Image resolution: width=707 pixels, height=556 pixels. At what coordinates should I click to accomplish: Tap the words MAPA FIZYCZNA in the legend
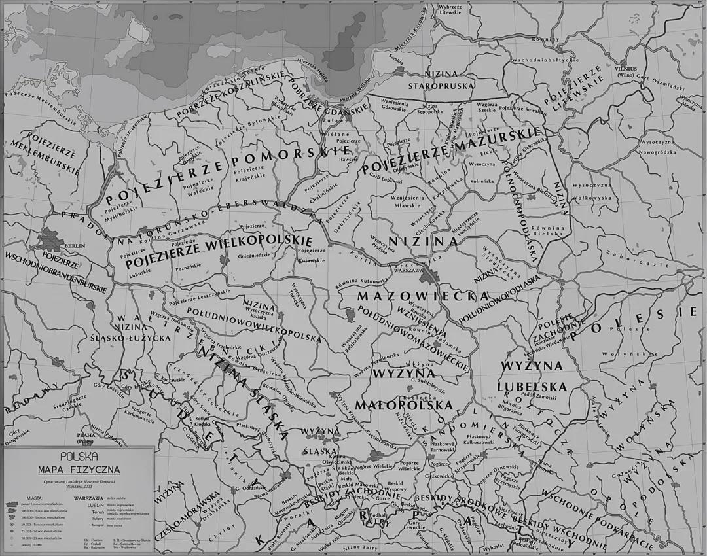coord(78,468)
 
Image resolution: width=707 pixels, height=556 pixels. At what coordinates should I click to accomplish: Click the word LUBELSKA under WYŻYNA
coord(532,387)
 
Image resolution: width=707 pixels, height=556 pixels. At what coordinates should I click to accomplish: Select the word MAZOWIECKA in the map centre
coord(414,296)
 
